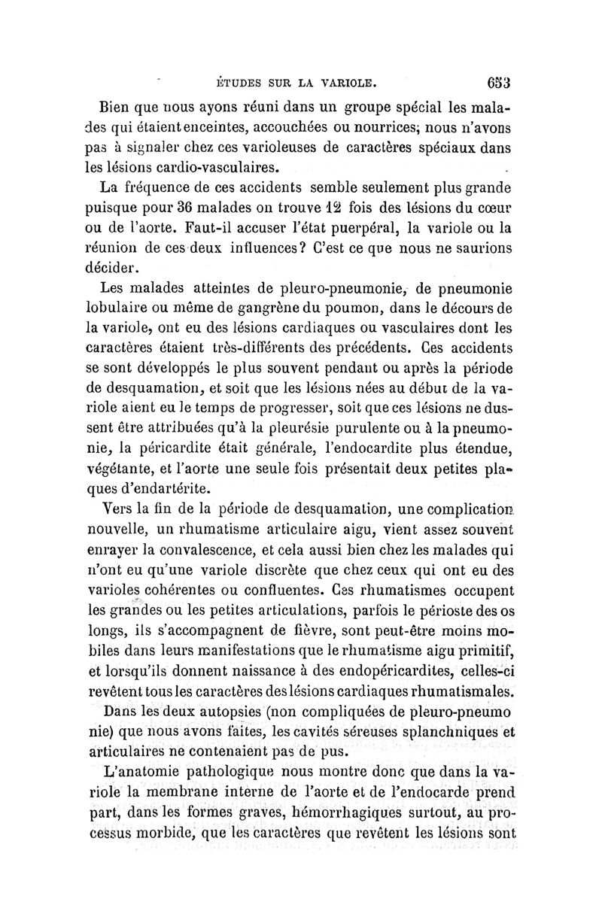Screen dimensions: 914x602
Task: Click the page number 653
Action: pos(498,80)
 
